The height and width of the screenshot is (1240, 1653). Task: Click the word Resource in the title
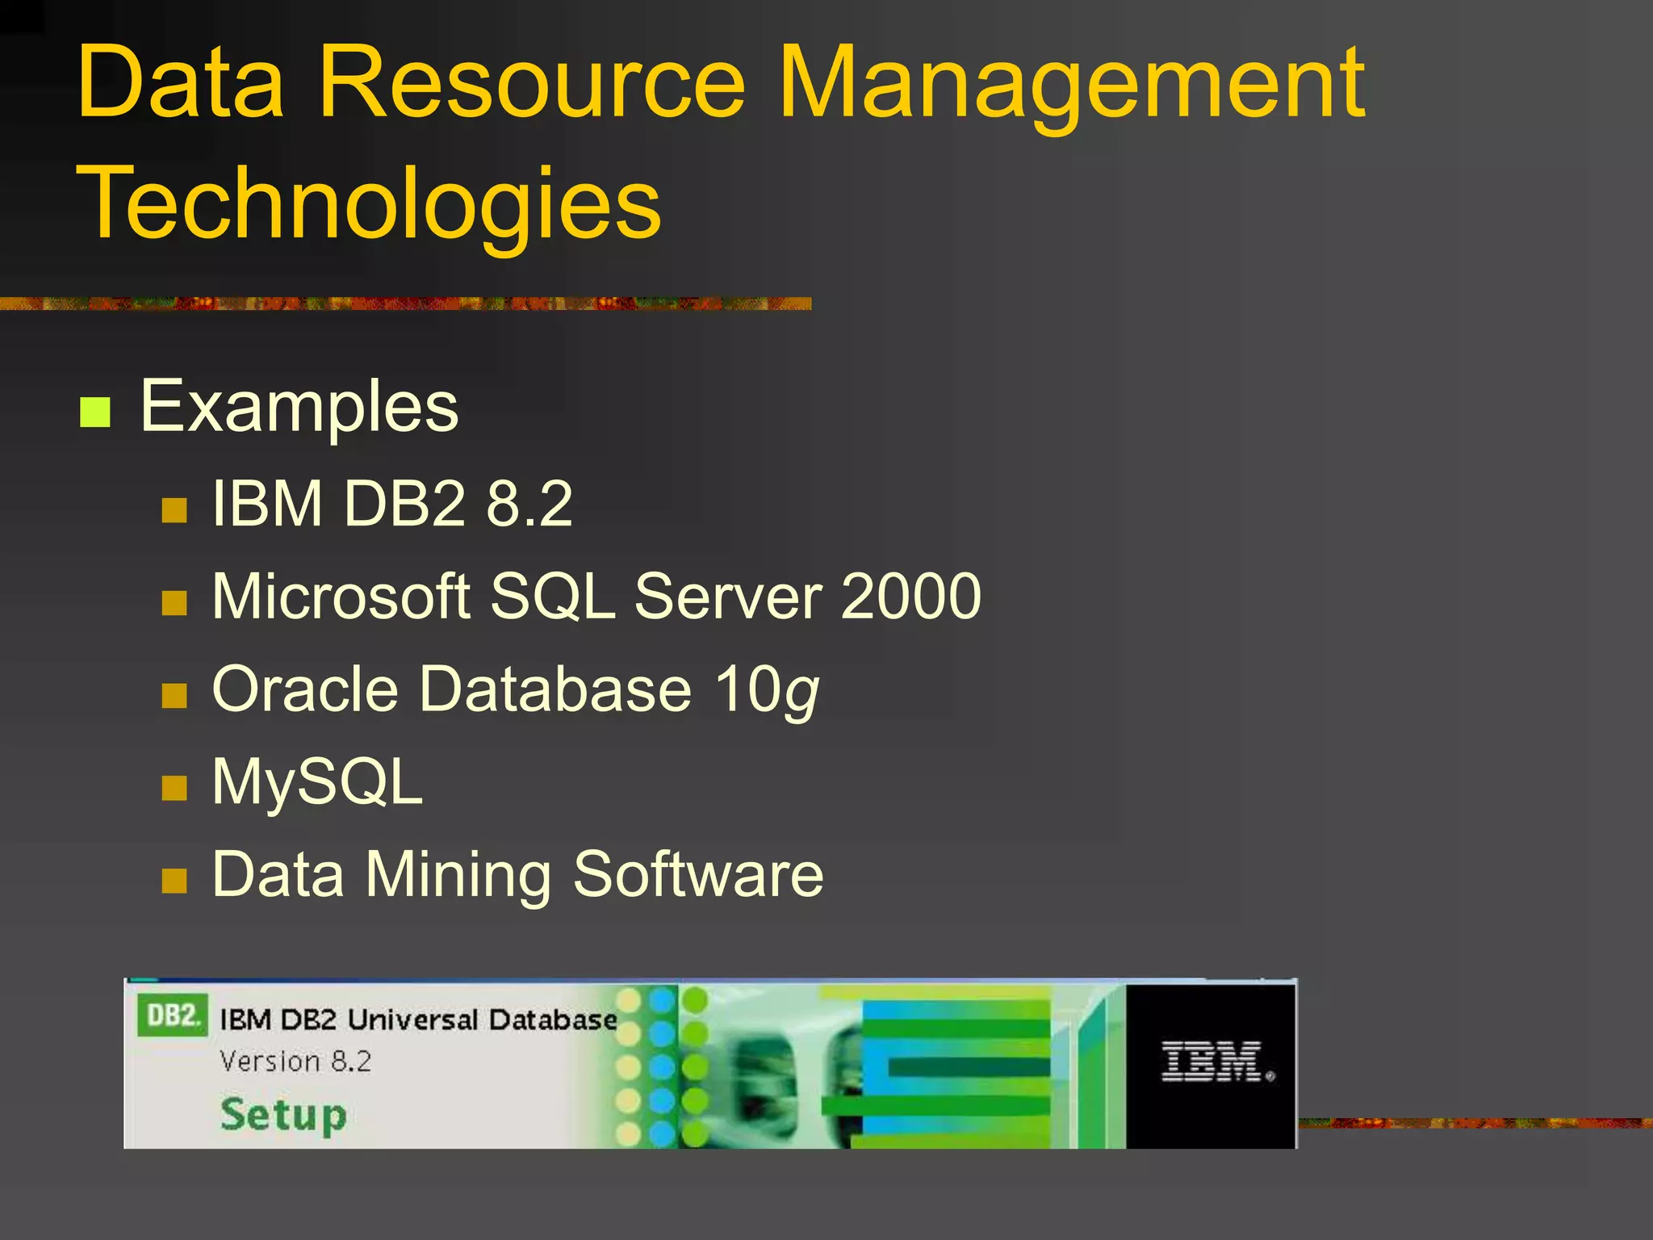point(532,82)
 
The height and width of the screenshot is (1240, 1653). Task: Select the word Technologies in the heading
point(368,203)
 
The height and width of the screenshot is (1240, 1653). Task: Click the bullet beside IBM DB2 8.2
point(174,510)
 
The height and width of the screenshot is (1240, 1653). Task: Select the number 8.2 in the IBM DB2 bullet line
point(529,504)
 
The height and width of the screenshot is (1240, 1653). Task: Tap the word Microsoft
point(341,597)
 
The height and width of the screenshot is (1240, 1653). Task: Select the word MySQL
point(317,783)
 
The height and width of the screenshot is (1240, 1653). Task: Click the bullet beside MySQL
point(174,788)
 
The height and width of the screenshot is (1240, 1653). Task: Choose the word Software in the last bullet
point(698,874)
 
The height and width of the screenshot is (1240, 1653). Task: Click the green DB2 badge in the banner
point(172,1016)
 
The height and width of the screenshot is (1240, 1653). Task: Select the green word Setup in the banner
point(283,1116)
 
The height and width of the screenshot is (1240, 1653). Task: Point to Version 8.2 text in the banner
point(295,1061)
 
